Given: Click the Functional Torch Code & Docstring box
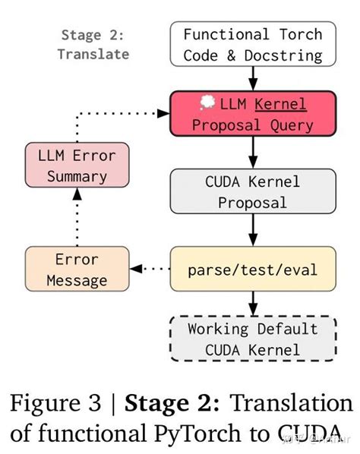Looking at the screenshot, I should point(252,45).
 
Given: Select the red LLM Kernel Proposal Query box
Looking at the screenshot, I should point(252,113).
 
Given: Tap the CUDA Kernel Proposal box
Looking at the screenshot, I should point(252,191).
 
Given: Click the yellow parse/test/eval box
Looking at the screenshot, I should point(252,270).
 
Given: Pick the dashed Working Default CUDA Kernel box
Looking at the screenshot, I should point(252,339).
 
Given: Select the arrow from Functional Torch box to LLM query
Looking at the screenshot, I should point(252,78).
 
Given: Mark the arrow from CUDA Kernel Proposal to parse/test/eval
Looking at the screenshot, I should point(252,230).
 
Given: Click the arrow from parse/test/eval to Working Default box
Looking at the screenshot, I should point(252,303).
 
